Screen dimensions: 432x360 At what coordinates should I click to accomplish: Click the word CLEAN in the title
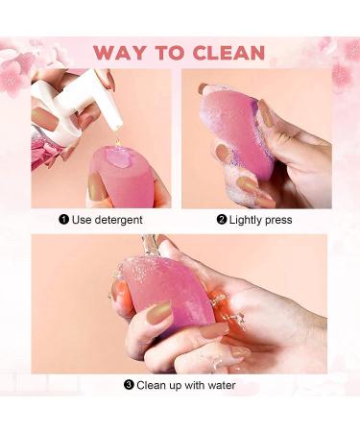[229, 51]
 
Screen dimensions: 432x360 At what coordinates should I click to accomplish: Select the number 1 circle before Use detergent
[63, 219]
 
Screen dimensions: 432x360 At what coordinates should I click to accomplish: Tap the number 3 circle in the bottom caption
[128, 385]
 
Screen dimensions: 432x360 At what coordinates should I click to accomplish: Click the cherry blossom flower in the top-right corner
[343, 72]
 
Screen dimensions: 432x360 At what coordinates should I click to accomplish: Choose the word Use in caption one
[81, 219]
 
